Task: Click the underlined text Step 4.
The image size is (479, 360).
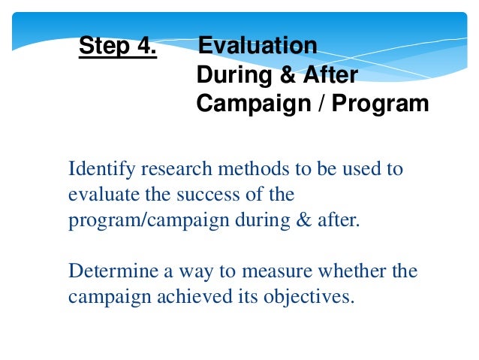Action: pyautogui.click(x=118, y=47)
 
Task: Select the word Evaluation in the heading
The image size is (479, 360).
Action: pyautogui.click(x=258, y=47)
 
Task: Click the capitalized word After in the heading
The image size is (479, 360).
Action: pyautogui.click(x=328, y=75)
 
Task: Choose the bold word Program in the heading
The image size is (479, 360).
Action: pyautogui.click(x=382, y=103)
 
